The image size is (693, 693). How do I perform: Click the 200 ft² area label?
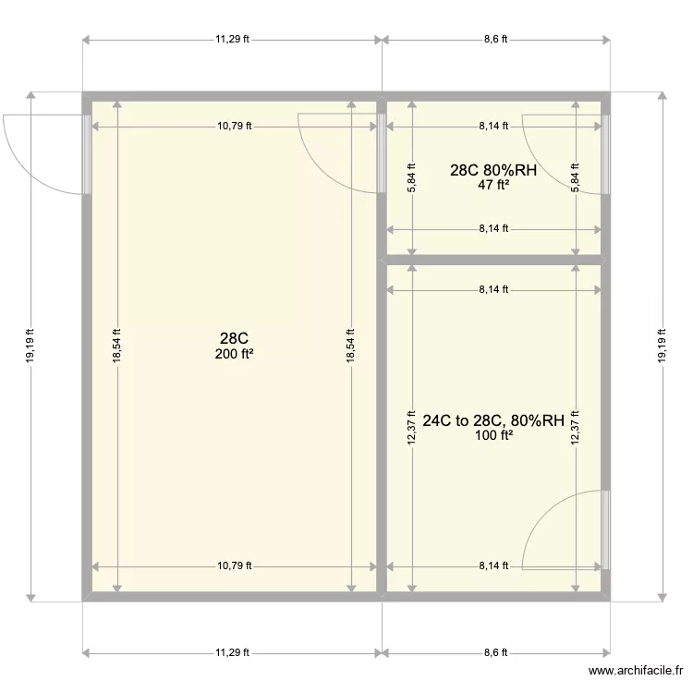[x=233, y=354]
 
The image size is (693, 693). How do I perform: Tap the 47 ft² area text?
[x=493, y=185]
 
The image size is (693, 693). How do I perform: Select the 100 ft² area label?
[x=493, y=436]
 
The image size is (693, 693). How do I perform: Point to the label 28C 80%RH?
[x=493, y=170]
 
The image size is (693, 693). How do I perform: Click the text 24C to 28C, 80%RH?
[x=493, y=421]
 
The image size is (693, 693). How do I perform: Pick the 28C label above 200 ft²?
[x=233, y=339]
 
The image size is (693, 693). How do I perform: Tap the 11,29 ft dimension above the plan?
[x=233, y=40]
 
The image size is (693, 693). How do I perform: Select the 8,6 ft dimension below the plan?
[x=495, y=652]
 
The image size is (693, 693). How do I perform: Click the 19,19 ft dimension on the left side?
[x=30, y=346]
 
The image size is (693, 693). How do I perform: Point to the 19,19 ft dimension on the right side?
[x=661, y=346]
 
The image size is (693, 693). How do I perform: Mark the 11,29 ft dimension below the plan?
[x=233, y=652]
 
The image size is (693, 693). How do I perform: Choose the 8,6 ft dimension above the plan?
[x=495, y=40]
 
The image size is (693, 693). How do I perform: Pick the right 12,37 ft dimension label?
[x=576, y=428]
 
